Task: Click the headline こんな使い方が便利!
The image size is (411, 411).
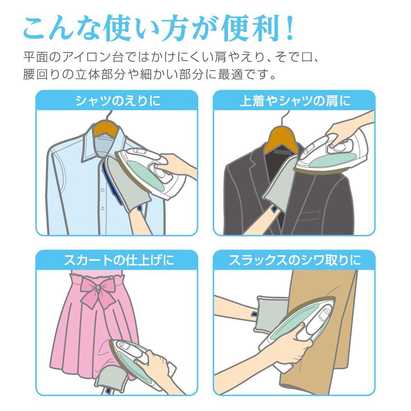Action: [x=158, y=30]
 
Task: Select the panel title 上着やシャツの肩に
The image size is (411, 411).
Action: [x=295, y=101]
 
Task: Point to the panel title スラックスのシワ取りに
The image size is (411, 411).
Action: [x=295, y=260]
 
